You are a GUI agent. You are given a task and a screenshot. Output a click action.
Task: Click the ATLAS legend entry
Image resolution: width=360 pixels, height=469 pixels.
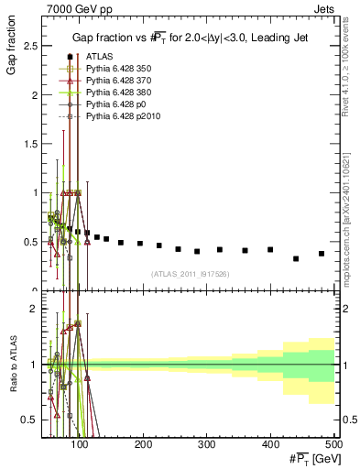100,57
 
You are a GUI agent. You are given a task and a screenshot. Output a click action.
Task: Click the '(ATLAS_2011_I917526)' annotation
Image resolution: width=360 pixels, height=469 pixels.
190,274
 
